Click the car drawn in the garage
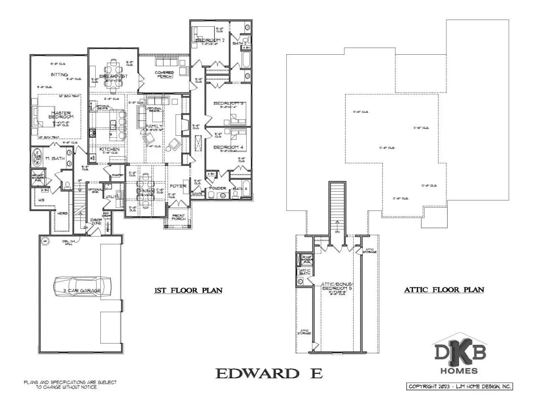(x=82, y=286)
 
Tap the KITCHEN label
(x=109, y=149)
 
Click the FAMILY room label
(x=153, y=127)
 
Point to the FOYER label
(x=178, y=186)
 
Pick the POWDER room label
(x=217, y=188)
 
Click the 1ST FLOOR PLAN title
(x=188, y=291)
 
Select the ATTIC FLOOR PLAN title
(x=443, y=290)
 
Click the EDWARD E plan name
(x=269, y=373)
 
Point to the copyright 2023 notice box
(x=459, y=387)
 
